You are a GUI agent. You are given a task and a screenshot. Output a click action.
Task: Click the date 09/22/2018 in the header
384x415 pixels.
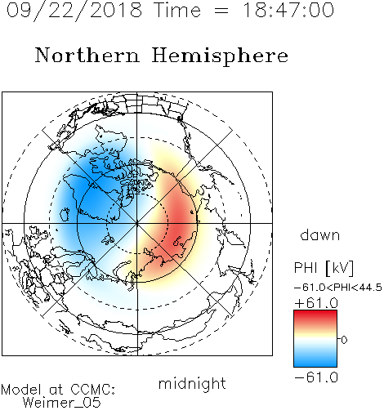pos(74,11)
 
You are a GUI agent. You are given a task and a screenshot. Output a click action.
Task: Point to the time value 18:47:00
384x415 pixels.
pos(288,11)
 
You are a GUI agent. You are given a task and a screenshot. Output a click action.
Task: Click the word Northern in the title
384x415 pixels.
pos(87,55)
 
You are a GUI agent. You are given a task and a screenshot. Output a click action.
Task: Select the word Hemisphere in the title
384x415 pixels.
pos(220,56)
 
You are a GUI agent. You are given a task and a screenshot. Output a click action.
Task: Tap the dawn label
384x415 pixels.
pos(320,235)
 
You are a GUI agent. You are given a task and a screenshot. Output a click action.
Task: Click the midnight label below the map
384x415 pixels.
pos(192,384)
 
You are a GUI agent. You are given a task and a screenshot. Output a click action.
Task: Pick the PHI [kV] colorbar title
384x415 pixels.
pos(324,268)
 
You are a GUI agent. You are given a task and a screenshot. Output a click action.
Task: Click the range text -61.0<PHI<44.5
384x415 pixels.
pos(338,288)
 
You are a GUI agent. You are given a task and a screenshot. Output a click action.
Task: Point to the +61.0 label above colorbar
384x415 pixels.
pos(316,303)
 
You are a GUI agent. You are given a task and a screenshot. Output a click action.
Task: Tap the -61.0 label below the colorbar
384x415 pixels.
pos(316,377)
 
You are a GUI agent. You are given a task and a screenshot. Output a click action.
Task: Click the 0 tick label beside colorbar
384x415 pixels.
pos(344,340)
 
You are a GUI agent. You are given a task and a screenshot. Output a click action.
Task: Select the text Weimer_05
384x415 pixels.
pos(62,403)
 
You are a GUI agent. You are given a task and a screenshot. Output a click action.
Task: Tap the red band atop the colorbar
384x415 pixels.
pos(315,316)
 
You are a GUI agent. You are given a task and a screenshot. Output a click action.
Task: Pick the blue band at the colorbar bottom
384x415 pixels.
pos(315,361)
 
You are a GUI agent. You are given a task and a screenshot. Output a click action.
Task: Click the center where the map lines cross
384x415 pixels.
pos(137,223)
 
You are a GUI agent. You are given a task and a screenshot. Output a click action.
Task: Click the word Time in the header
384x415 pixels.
pos(177,11)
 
